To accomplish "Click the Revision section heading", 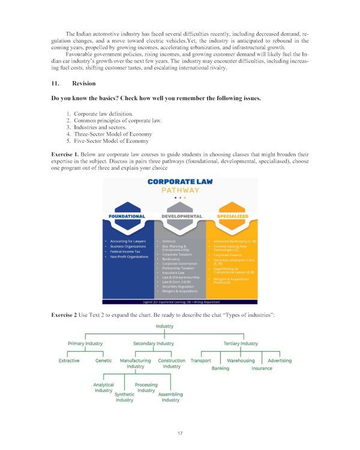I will (79, 83).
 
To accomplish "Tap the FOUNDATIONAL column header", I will (127, 216).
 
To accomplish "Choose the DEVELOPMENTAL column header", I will (180, 216).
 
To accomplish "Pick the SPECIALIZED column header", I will (233, 216).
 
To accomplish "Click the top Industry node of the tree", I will (164, 326).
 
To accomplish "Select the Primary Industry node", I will (85, 344).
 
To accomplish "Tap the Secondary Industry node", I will (154, 344).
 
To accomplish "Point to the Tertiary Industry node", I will (241, 344).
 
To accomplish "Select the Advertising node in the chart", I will (280, 361).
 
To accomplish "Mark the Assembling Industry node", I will (170, 397).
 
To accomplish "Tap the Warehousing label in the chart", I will (241, 361).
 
